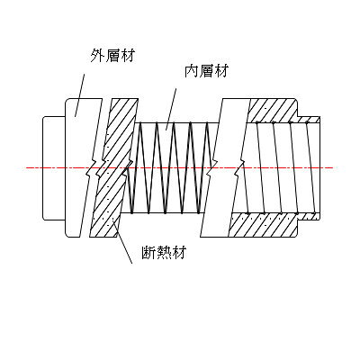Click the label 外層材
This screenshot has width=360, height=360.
click(112, 56)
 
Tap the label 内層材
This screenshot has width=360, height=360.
click(206, 71)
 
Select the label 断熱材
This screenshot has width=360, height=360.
click(164, 252)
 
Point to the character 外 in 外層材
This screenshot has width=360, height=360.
click(98, 56)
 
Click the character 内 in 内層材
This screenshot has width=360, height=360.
click(192, 71)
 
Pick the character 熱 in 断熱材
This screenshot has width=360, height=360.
click(164, 252)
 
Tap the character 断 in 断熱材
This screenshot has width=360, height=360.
click(149, 252)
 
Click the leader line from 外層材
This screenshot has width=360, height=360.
click(79, 95)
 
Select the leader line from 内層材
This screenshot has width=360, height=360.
click(171, 109)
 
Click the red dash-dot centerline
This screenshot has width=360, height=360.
click(179, 167)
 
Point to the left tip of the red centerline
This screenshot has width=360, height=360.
click(26, 167)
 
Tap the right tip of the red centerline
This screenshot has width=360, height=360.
click(333, 167)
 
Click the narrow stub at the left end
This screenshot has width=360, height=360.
click(54, 168)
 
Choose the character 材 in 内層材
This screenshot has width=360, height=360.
click(221, 71)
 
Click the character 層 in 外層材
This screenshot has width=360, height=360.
click(112, 56)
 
